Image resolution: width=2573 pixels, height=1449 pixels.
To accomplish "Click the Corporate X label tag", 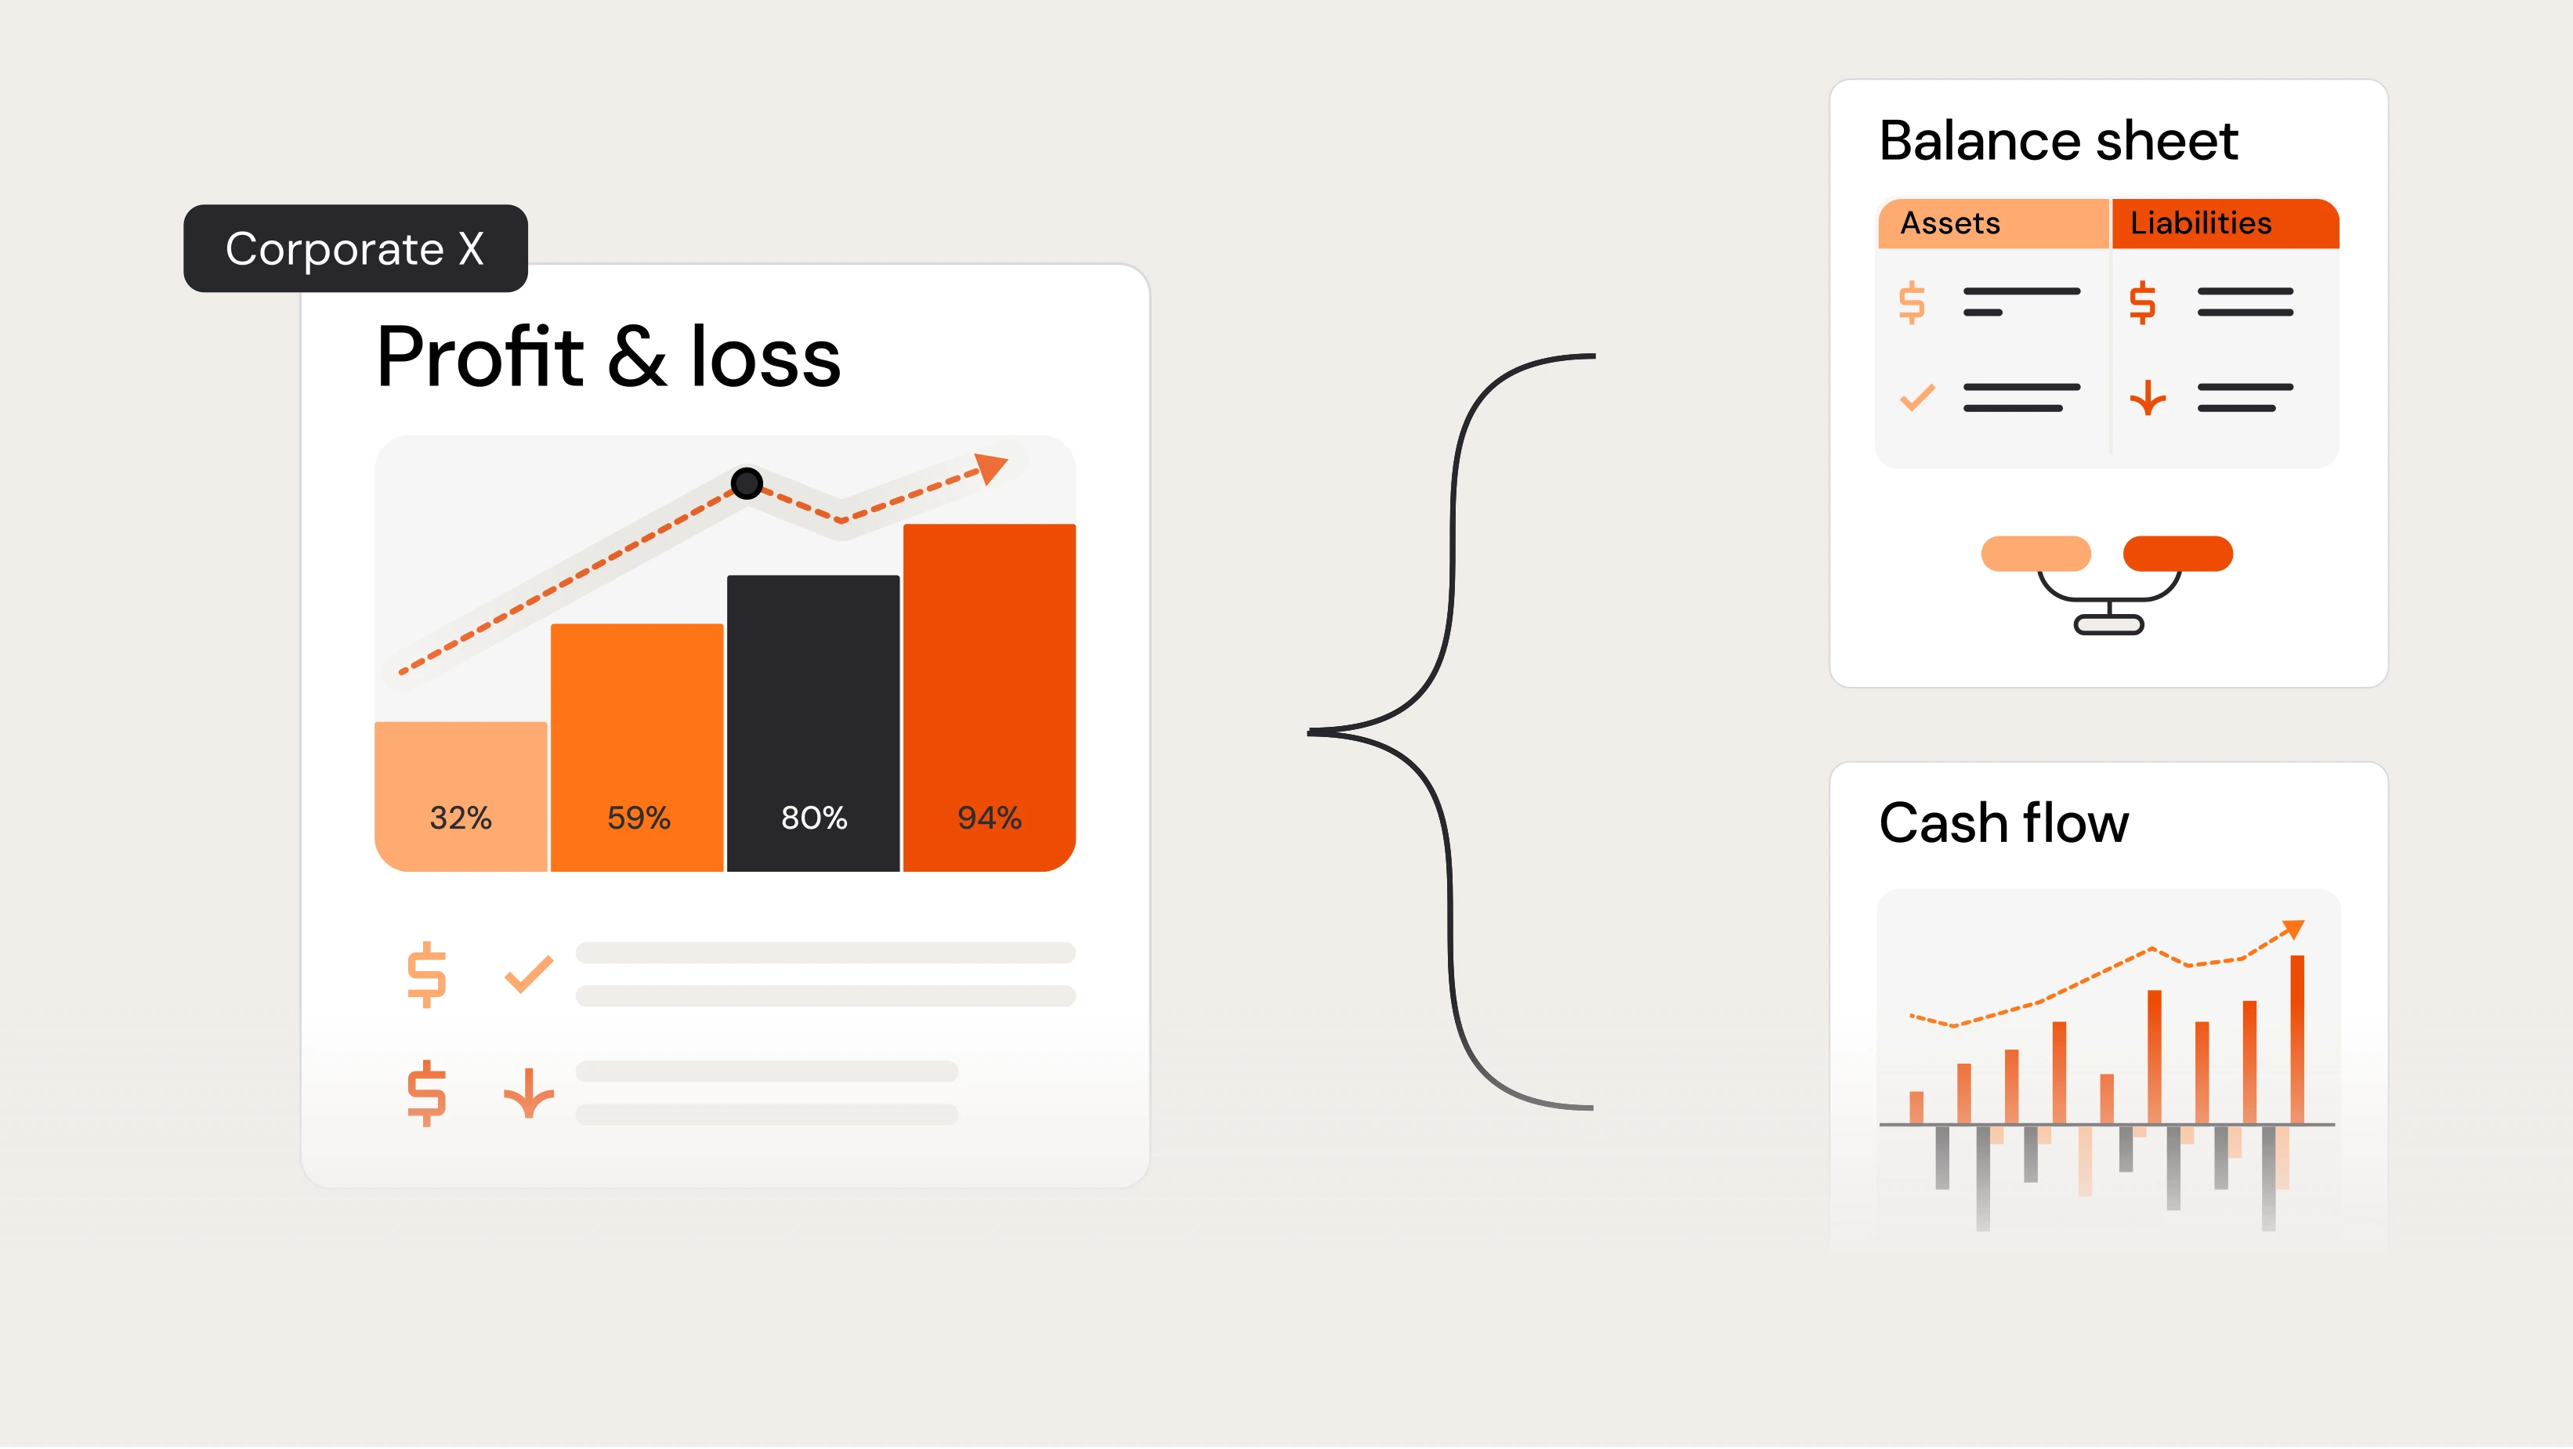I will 355,248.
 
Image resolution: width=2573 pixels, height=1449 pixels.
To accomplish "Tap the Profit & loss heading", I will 608,357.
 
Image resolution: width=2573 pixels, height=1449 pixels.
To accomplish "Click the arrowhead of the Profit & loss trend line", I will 991,466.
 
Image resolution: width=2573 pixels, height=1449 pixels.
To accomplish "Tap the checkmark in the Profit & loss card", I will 528,974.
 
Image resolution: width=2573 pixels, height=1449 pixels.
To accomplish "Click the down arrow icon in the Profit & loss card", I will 528,1093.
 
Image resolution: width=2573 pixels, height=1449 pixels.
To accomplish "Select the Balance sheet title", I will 2057,141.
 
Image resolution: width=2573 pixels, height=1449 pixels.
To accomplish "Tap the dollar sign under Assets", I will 1912,302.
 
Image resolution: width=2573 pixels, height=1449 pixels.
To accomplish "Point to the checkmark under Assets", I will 1916,397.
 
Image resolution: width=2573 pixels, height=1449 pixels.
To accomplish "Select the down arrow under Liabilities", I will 2147,397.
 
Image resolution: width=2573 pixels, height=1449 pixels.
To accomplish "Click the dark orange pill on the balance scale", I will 2177,553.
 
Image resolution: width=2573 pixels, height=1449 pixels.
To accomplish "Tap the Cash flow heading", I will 2003,823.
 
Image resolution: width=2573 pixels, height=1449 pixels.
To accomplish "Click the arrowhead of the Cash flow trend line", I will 2293,929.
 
